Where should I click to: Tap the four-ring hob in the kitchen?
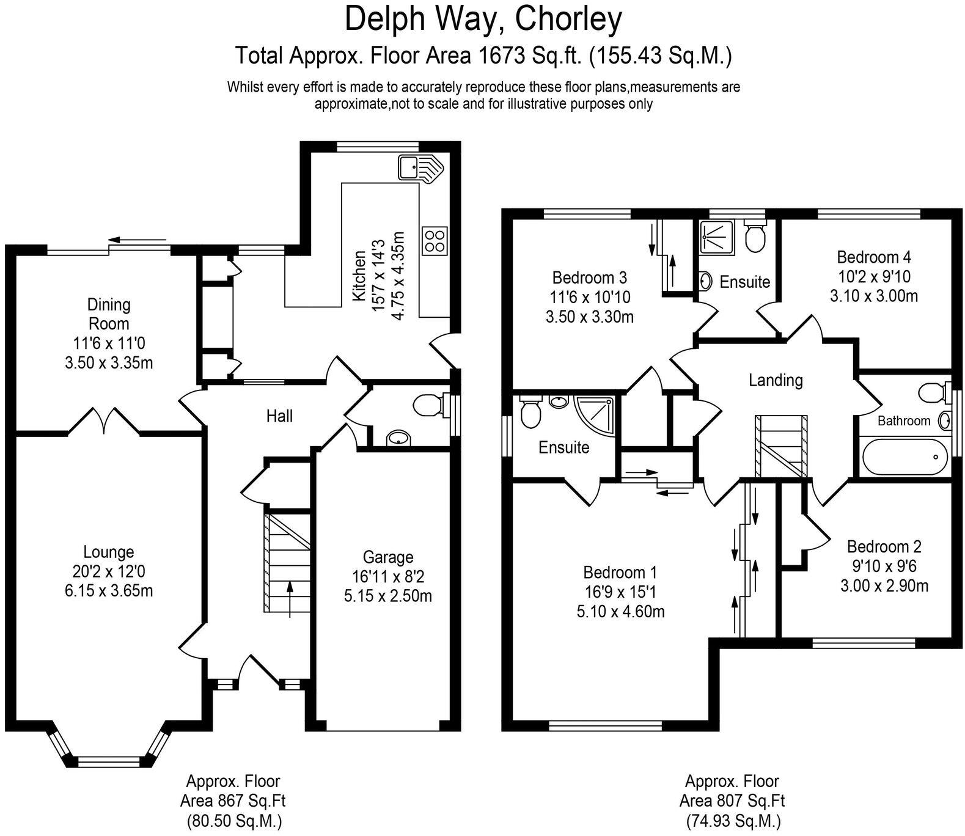coord(434,240)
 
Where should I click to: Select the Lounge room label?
coord(108,552)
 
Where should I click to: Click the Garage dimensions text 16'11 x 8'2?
coord(387,576)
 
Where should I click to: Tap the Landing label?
coord(775,380)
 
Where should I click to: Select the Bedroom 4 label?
coord(873,257)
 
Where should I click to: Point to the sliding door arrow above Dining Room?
coord(138,240)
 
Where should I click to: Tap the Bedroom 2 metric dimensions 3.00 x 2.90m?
coord(884,585)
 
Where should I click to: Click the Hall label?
coord(279,416)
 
